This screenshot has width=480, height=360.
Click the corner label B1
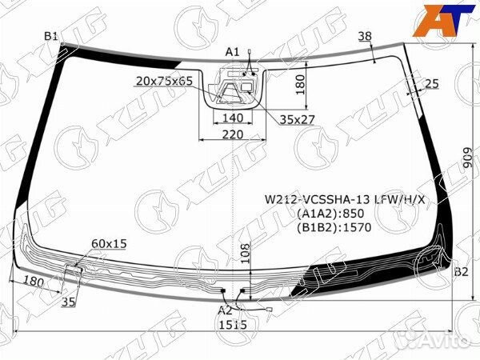coord(51,37)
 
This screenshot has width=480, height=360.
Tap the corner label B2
coord(461,271)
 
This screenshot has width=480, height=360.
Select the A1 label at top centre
coord(232,52)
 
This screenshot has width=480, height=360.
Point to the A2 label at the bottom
coord(225,310)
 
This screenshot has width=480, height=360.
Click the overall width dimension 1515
coord(232,325)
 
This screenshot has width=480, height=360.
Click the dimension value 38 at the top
coord(365,36)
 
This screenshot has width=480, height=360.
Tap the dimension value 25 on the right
coord(432,83)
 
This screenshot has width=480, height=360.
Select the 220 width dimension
coord(233,134)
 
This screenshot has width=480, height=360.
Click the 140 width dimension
coord(233,118)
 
